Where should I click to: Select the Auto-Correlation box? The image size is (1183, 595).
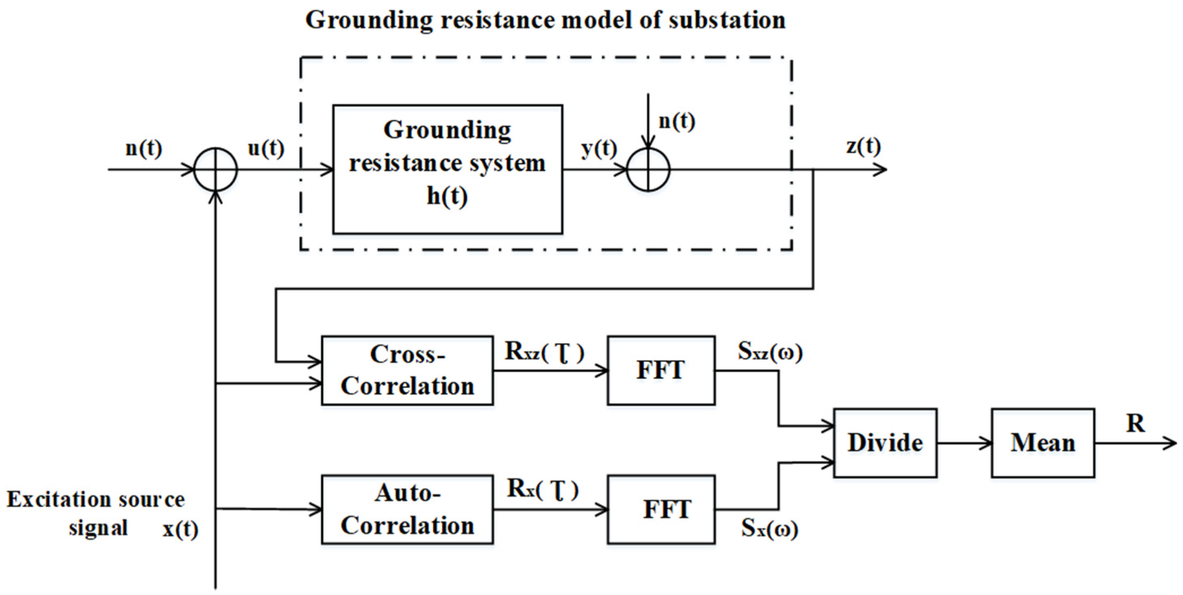click(x=407, y=509)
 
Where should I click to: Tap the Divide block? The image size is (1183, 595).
click(x=885, y=443)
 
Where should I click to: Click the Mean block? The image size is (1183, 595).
click(x=1043, y=443)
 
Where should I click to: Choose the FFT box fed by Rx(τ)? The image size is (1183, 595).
click(x=661, y=509)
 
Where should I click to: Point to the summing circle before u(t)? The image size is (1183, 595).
click(x=215, y=169)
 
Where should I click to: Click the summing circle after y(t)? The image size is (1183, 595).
click(x=648, y=170)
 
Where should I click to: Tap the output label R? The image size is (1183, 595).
click(x=1135, y=423)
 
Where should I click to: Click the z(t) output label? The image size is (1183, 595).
click(x=863, y=146)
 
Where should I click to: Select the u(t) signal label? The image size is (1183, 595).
click(x=266, y=148)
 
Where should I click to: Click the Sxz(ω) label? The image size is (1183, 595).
click(x=770, y=352)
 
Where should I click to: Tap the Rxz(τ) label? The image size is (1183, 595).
click(x=544, y=352)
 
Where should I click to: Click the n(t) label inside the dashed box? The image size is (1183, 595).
click(x=676, y=121)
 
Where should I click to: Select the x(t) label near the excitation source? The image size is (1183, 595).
click(x=180, y=530)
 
